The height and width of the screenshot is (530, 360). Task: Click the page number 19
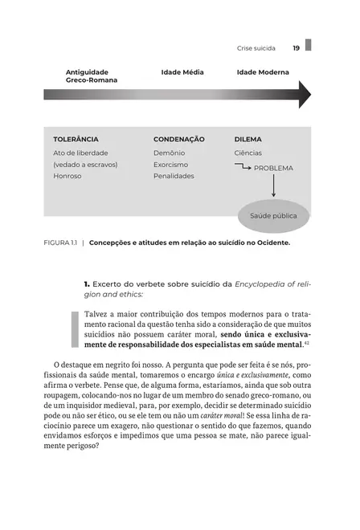click(296, 48)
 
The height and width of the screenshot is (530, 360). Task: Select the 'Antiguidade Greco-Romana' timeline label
click(91, 76)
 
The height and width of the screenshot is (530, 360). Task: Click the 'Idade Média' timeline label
click(182, 72)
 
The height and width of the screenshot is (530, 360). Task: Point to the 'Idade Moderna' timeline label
click(263, 72)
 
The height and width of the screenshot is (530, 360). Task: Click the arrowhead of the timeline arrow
click(304, 95)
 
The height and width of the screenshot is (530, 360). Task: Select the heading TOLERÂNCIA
click(76, 139)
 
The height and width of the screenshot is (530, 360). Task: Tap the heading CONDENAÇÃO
click(179, 139)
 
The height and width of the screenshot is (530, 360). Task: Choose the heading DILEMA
click(247, 139)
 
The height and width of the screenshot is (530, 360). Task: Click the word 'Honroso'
click(67, 176)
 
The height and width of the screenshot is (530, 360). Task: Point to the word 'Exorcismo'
click(170, 164)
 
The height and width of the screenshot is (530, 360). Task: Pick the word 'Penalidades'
click(174, 176)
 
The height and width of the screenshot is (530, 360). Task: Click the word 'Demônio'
click(169, 153)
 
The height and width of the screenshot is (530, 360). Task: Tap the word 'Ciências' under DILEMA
click(247, 153)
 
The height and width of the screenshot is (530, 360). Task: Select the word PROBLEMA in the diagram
click(273, 169)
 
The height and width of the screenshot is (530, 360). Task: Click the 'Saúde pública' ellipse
click(273, 216)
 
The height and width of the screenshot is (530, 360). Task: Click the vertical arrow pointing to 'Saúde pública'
click(273, 186)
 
